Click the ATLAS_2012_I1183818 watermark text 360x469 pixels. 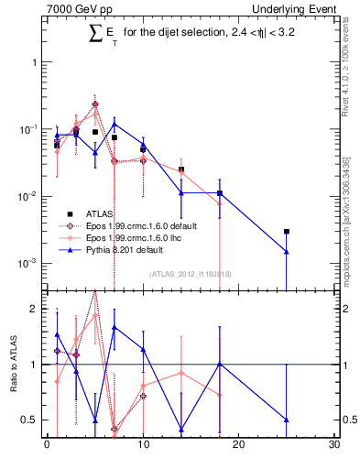tap(190, 274)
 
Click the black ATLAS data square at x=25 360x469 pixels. tap(287, 232)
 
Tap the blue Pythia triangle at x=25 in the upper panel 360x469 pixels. tap(287, 252)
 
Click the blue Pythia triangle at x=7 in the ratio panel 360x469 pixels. tap(114, 327)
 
